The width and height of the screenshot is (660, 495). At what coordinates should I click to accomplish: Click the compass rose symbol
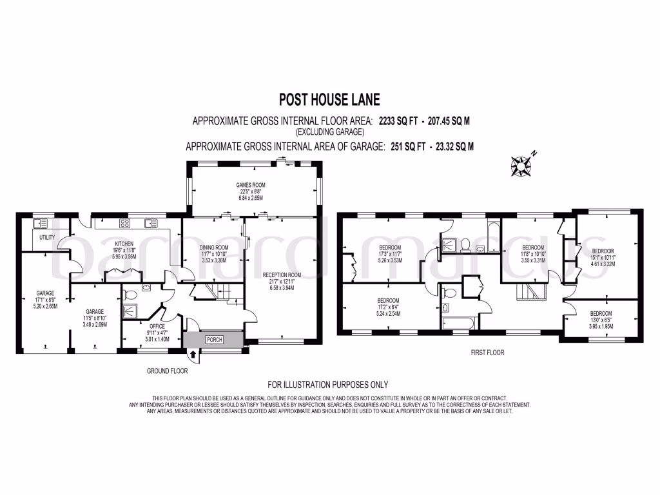coord(520,166)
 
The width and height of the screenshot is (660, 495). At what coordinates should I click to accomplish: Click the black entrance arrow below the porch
coord(194,353)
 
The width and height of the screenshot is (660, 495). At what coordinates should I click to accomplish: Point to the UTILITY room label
coord(46,237)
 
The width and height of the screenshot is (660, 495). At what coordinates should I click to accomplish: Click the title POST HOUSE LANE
coord(329,99)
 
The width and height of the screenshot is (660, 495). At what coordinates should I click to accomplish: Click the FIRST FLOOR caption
coord(488,353)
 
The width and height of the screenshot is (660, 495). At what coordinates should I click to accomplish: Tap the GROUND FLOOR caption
coord(164,372)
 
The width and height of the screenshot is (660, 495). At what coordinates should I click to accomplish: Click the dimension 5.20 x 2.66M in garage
coord(45,307)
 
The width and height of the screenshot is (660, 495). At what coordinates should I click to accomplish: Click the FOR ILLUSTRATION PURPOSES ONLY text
coord(329,385)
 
